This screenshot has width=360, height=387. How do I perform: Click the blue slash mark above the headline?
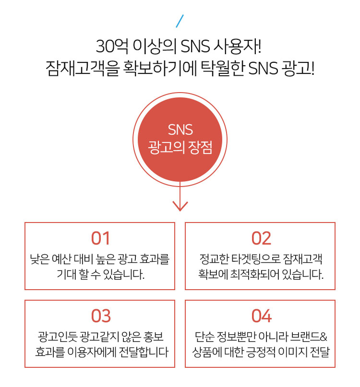click(x=180, y=21)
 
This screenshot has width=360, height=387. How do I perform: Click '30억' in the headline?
click(x=112, y=46)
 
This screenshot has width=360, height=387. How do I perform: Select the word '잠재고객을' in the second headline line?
click(x=83, y=68)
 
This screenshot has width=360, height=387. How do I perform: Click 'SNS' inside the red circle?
click(x=180, y=129)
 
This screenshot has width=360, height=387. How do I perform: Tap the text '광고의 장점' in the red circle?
click(x=180, y=148)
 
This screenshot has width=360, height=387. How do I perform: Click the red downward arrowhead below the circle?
click(x=180, y=206)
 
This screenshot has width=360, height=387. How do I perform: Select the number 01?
click(x=100, y=238)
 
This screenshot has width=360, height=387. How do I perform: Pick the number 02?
click(x=261, y=238)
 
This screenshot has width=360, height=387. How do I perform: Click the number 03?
click(x=101, y=316)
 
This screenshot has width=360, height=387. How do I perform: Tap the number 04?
click(x=262, y=316)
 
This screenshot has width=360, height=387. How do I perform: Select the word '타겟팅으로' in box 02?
click(x=256, y=259)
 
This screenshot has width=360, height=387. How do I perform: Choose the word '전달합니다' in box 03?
click(x=144, y=352)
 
